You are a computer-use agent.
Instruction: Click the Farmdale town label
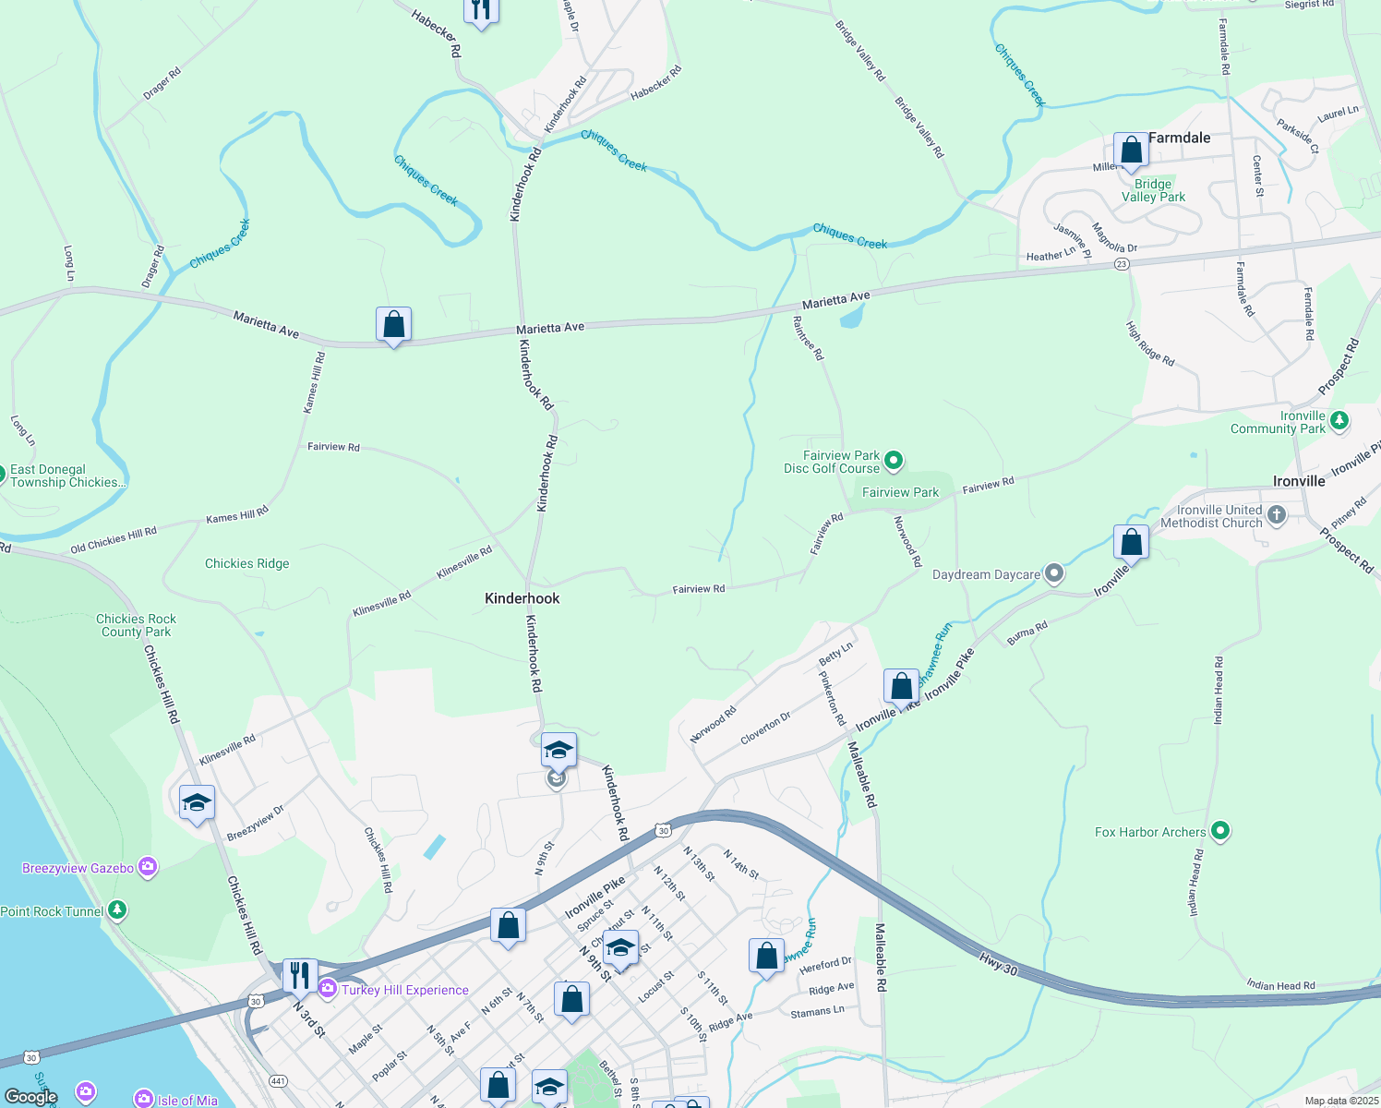[x=1179, y=138]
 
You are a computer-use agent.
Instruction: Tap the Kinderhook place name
[x=522, y=598]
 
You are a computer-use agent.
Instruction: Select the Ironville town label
[x=1299, y=481]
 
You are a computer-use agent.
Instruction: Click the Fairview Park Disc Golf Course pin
[x=894, y=460]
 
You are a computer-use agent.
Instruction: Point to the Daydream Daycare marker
[x=1054, y=574]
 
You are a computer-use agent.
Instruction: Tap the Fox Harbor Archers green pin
[x=1220, y=832]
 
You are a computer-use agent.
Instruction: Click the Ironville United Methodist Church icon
[x=1277, y=515]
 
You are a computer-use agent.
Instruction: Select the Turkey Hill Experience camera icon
[x=328, y=989]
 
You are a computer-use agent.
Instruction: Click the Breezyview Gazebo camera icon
[x=148, y=868]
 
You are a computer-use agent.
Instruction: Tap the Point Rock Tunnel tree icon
[x=116, y=910]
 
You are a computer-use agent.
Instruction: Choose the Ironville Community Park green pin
[x=1339, y=421]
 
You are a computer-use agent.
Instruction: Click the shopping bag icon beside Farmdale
[x=1131, y=150]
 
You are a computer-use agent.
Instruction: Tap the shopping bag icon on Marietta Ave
[x=393, y=325]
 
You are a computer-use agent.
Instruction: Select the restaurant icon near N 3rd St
[x=300, y=975]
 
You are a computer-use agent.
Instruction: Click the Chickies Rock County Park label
[x=136, y=625]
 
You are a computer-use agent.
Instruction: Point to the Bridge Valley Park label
[x=1153, y=190]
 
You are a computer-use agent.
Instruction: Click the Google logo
[x=31, y=1097]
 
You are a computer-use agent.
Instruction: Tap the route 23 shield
[x=1122, y=264]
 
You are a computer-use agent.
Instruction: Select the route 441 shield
[x=278, y=1080]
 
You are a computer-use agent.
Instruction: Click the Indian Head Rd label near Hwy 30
[x=1280, y=985]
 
